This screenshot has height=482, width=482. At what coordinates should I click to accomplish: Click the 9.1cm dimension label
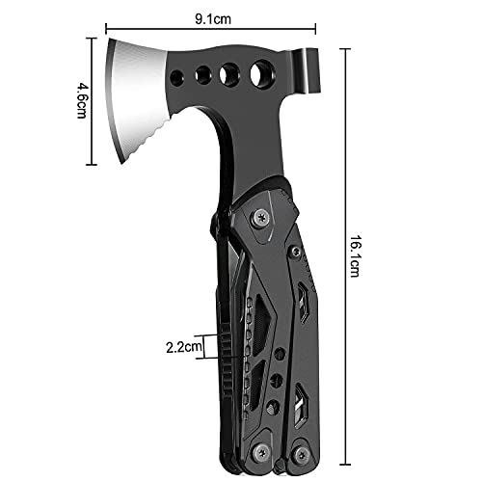click(213, 19)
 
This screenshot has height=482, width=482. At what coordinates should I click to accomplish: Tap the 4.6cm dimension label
click(82, 100)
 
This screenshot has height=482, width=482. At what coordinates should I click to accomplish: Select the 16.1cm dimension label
click(355, 256)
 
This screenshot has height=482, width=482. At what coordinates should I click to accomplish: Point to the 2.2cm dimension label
click(184, 347)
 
